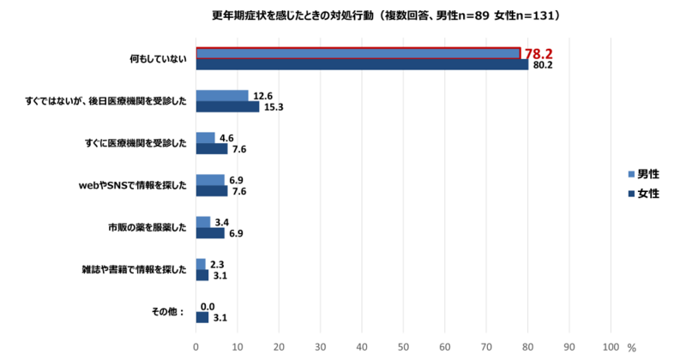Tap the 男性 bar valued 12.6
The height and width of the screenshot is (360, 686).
(x=222, y=96)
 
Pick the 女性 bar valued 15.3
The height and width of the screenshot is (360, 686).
(x=227, y=107)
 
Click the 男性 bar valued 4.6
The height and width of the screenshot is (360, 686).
(x=206, y=138)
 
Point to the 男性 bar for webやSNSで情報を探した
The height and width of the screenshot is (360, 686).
(x=210, y=180)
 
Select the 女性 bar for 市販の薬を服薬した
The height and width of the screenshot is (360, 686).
(x=210, y=232)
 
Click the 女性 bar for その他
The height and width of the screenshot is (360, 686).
(x=202, y=317)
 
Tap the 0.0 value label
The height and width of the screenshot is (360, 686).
(x=207, y=306)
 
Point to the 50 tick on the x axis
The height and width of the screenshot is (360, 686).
(x=403, y=347)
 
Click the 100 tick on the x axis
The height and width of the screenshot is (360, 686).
(x=611, y=347)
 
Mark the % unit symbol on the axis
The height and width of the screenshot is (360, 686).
(x=631, y=348)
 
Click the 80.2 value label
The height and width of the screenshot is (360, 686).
(x=542, y=65)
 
